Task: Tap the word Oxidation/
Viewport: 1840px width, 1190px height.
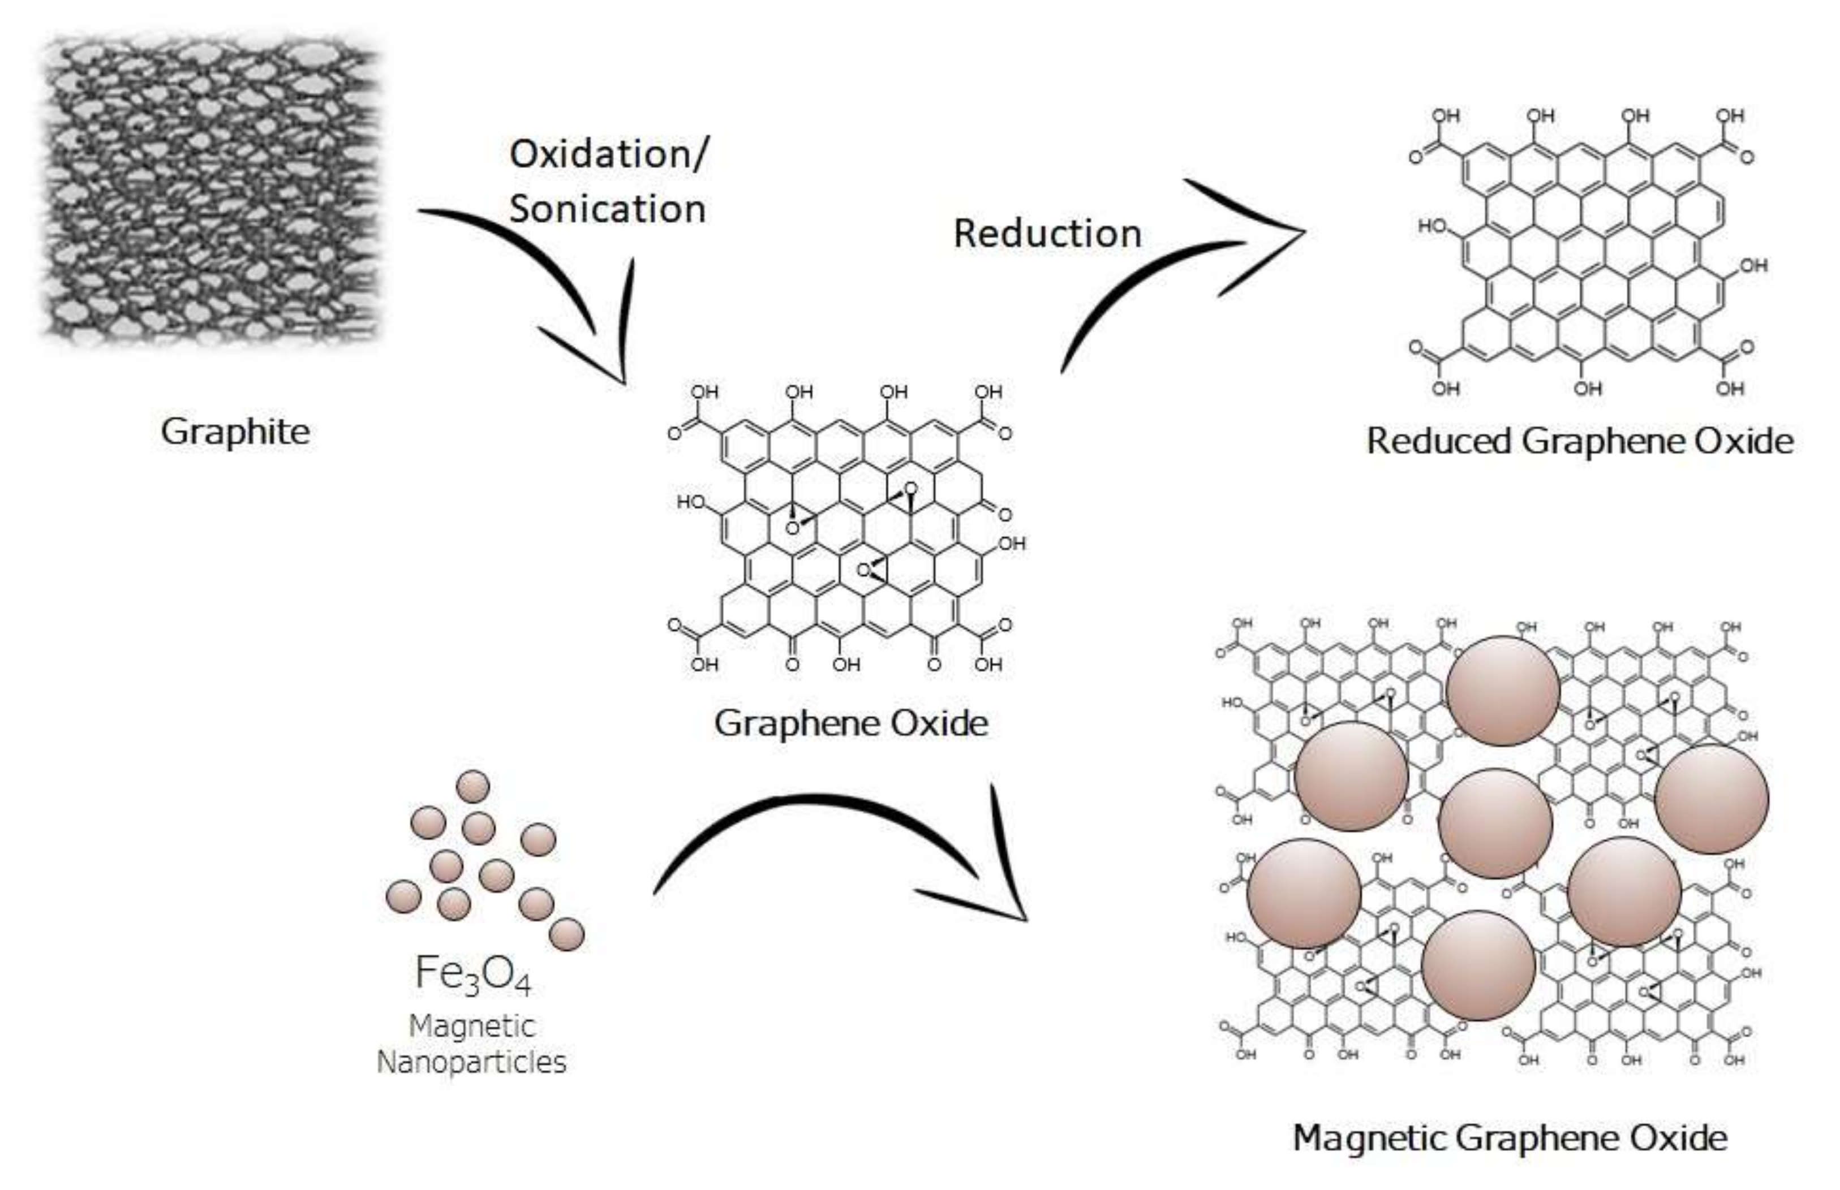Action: [x=608, y=154]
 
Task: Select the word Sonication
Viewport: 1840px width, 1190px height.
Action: [x=608, y=209]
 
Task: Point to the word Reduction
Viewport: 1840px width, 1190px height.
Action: [x=1047, y=234]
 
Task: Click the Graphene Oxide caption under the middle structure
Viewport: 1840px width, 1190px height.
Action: [x=851, y=723]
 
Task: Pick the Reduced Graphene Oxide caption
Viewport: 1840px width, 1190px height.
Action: [x=1580, y=441]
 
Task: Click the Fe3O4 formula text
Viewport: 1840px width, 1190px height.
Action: [x=473, y=973]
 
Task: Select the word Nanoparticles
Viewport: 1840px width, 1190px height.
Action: [x=471, y=1063]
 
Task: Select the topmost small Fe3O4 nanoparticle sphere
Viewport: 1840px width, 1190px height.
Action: [x=473, y=787]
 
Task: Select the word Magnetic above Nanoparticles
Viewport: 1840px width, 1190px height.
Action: [x=471, y=1026]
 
